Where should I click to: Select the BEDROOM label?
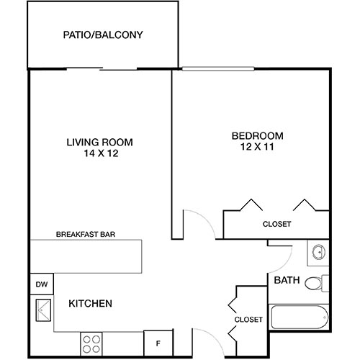tap(257, 135)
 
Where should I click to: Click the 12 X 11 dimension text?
tap(257, 147)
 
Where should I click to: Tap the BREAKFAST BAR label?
tap(86, 234)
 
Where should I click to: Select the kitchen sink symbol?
tap(42, 310)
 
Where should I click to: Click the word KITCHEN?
tap(90, 304)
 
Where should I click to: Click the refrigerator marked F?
tap(158, 343)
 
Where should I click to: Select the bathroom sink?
tap(319, 252)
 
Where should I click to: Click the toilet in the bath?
tap(315, 283)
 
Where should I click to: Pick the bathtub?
tap(300, 317)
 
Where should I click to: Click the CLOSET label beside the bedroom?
tap(276, 224)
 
